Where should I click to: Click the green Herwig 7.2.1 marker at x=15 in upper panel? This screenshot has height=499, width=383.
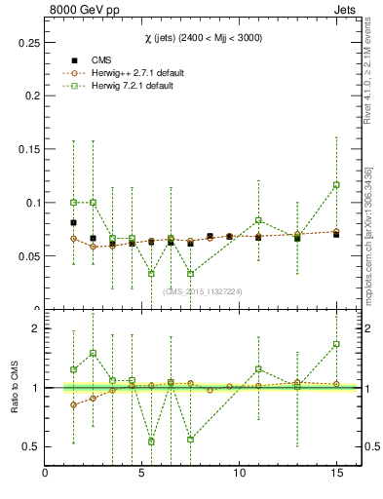point(336,184)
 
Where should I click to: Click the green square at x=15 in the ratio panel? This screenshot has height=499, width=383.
point(336,344)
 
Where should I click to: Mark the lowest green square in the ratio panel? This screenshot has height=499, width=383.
point(151,441)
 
